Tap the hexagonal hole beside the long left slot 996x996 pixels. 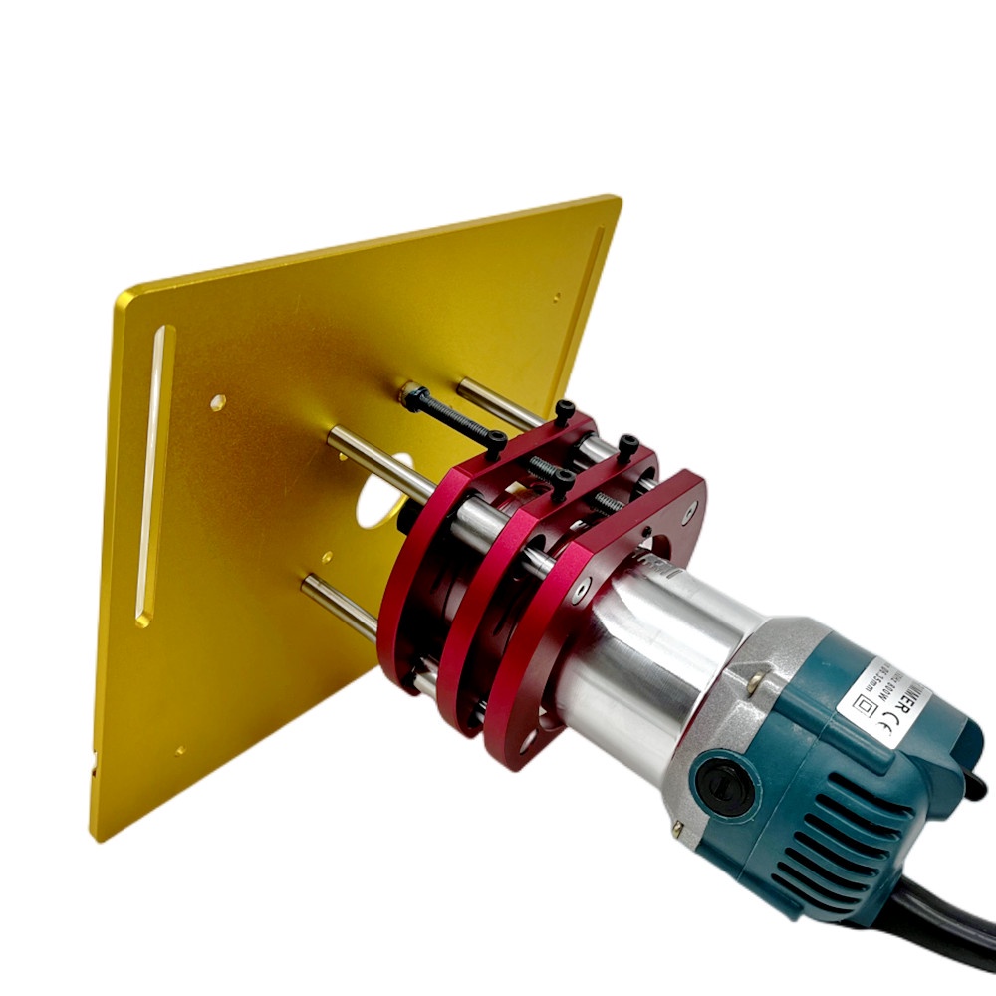pyautogui.click(x=217, y=402)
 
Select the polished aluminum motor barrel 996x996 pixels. pyautogui.click(x=637, y=677)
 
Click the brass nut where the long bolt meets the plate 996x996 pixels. pyautogui.click(x=408, y=395)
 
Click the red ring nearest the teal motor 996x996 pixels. pyautogui.click(x=558, y=637)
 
